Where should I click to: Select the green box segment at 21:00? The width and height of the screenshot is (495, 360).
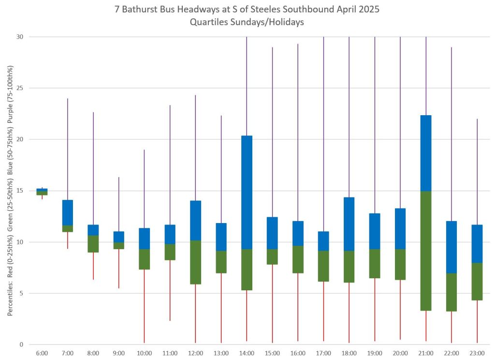[426, 251]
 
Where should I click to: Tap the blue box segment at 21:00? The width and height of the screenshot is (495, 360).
[426, 153]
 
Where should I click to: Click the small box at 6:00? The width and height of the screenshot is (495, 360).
[42, 192]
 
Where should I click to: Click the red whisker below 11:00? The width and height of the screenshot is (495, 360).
[170, 290]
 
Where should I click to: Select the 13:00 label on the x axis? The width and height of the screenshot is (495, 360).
[221, 354]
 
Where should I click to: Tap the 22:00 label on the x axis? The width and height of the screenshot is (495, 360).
[451, 354]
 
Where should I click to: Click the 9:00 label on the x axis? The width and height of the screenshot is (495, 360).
[119, 354]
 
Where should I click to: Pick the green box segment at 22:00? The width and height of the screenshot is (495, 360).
[451, 292]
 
